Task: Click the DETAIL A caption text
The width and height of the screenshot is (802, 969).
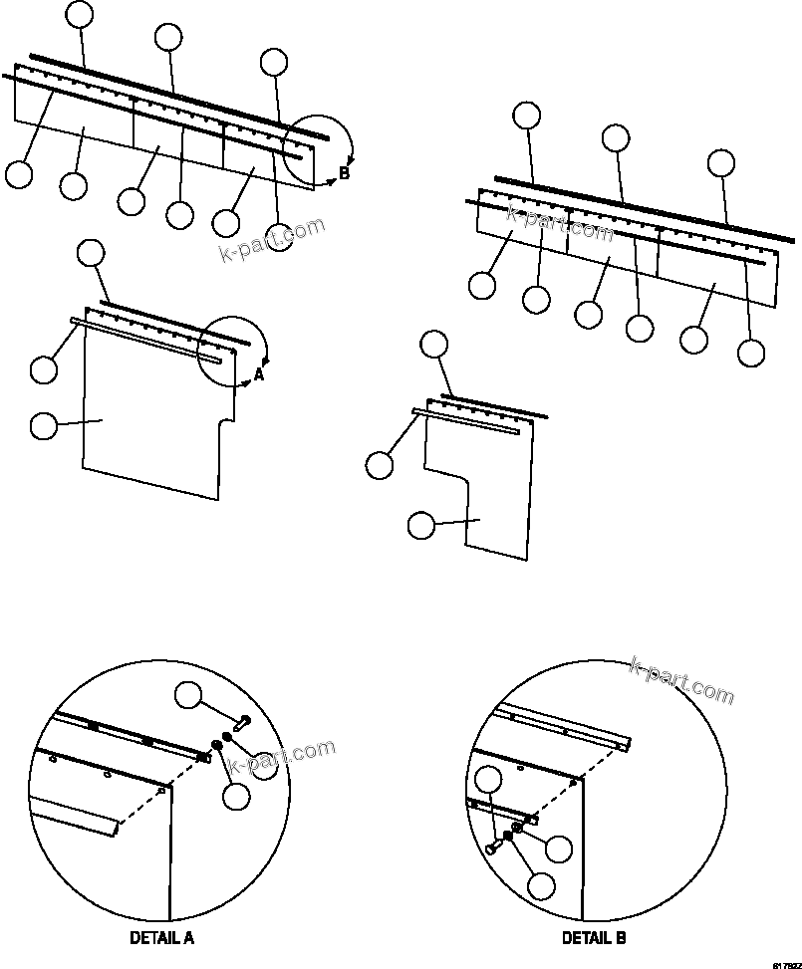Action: tap(161, 937)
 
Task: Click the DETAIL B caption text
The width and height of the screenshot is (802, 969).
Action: tap(594, 937)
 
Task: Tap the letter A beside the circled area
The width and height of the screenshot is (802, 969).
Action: tap(259, 374)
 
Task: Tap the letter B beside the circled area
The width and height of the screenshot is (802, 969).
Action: tap(344, 173)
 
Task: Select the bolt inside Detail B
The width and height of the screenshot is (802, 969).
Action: tap(495, 846)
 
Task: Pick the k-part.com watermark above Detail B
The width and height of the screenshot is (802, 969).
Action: tap(681, 679)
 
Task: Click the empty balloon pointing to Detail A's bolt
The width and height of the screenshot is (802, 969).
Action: tap(190, 695)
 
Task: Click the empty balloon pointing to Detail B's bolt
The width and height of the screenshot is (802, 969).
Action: tap(487, 783)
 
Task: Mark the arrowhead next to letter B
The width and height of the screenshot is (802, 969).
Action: tap(333, 181)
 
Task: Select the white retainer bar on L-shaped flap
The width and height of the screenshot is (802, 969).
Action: tap(468, 421)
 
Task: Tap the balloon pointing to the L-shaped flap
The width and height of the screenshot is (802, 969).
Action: tap(422, 525)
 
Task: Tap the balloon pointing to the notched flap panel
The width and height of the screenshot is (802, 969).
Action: tap(44, 426)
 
